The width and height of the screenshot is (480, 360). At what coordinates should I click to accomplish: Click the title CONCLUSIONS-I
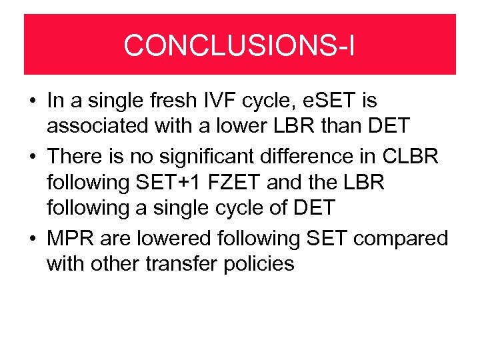239,45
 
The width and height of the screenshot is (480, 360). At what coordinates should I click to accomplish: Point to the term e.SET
330,101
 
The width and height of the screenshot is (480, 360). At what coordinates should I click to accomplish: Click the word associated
101,127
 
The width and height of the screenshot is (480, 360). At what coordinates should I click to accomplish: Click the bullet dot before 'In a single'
32,102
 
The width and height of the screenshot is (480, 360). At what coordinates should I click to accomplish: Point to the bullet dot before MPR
32,237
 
